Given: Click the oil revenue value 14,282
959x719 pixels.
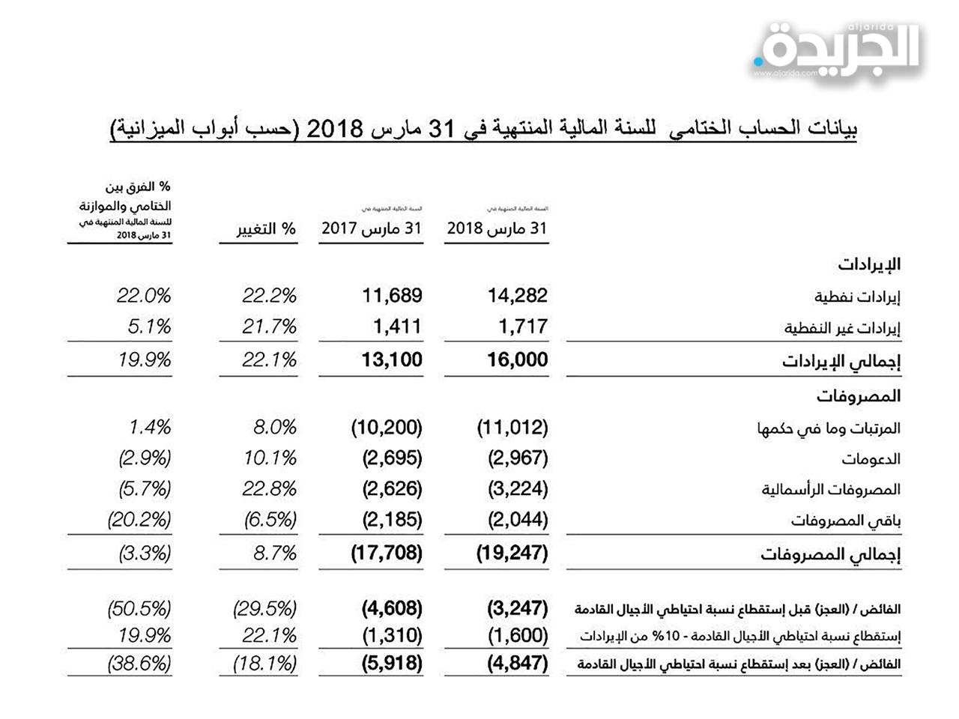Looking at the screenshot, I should [518, 296].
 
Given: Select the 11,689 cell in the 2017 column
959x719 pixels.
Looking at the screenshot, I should [392, 296].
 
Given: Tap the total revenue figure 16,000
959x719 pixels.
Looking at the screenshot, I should [518, 359].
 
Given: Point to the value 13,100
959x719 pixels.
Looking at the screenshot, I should [392, 359].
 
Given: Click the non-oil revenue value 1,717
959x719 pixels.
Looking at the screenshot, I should [523, 327].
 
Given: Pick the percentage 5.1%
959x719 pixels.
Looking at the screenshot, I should [149, 327].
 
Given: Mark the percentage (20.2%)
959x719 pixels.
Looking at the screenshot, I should [139, 519].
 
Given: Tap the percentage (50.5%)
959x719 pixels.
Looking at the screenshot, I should [139, 607].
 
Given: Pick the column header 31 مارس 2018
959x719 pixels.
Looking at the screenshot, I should [497, 228].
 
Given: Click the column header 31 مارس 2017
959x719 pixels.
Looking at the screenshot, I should [372, 228].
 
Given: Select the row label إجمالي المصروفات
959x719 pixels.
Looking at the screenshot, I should [830, 554].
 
